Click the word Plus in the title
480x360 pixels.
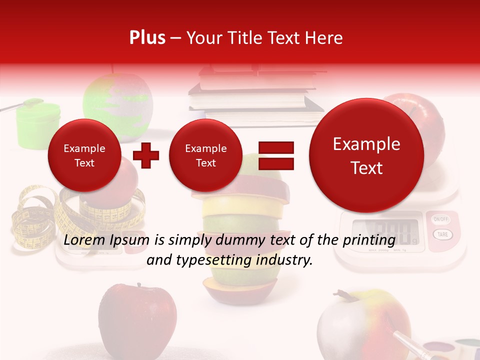(x=147, y=38)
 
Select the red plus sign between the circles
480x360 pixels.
(x=146, y=155)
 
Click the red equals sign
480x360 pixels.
(x=276, y=155)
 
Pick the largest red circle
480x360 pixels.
(x=366, y=155)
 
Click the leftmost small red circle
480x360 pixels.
(x=84, y=155)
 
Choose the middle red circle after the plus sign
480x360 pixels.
(x=205, y=155)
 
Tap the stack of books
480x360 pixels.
(x=255, y=95)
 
